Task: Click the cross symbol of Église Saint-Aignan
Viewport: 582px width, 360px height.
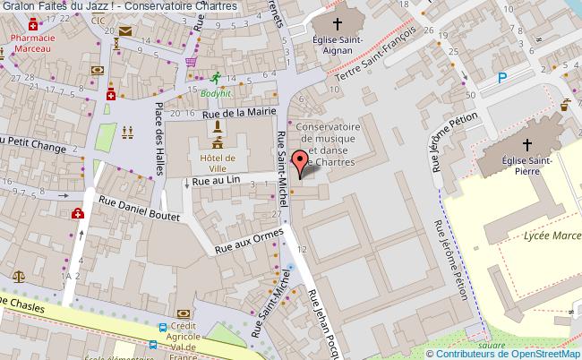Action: tap(338, 25)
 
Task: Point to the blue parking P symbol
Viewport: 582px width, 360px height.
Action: tap(501, 78)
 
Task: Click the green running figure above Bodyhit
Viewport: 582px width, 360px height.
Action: tap(214, 78)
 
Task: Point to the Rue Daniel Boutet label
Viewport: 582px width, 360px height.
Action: tap(139, 210)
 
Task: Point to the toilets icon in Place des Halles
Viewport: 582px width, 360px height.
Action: tap(128, 130)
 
